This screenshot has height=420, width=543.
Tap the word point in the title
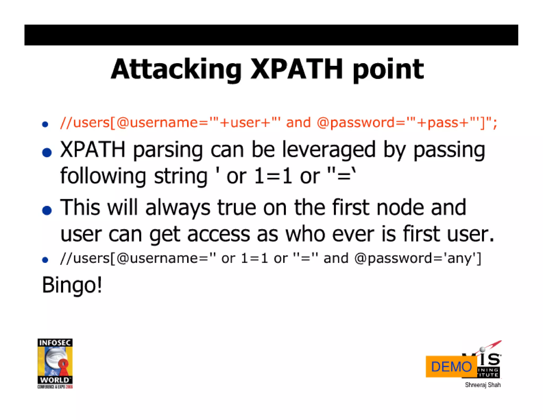[388, 70]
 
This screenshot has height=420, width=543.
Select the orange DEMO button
[451, 367]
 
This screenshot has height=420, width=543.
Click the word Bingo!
[72, 285]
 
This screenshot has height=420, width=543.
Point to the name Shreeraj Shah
[483, 385]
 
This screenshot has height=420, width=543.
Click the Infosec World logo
[55, 363]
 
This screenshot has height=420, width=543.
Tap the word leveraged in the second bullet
[329, 150]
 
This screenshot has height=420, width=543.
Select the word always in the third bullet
[178, 208]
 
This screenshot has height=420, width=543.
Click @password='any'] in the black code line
[418, 258]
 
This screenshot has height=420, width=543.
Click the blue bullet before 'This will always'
[47, 210]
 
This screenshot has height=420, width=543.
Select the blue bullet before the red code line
[45, 124]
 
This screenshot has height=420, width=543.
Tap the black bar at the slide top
[271, 35]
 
